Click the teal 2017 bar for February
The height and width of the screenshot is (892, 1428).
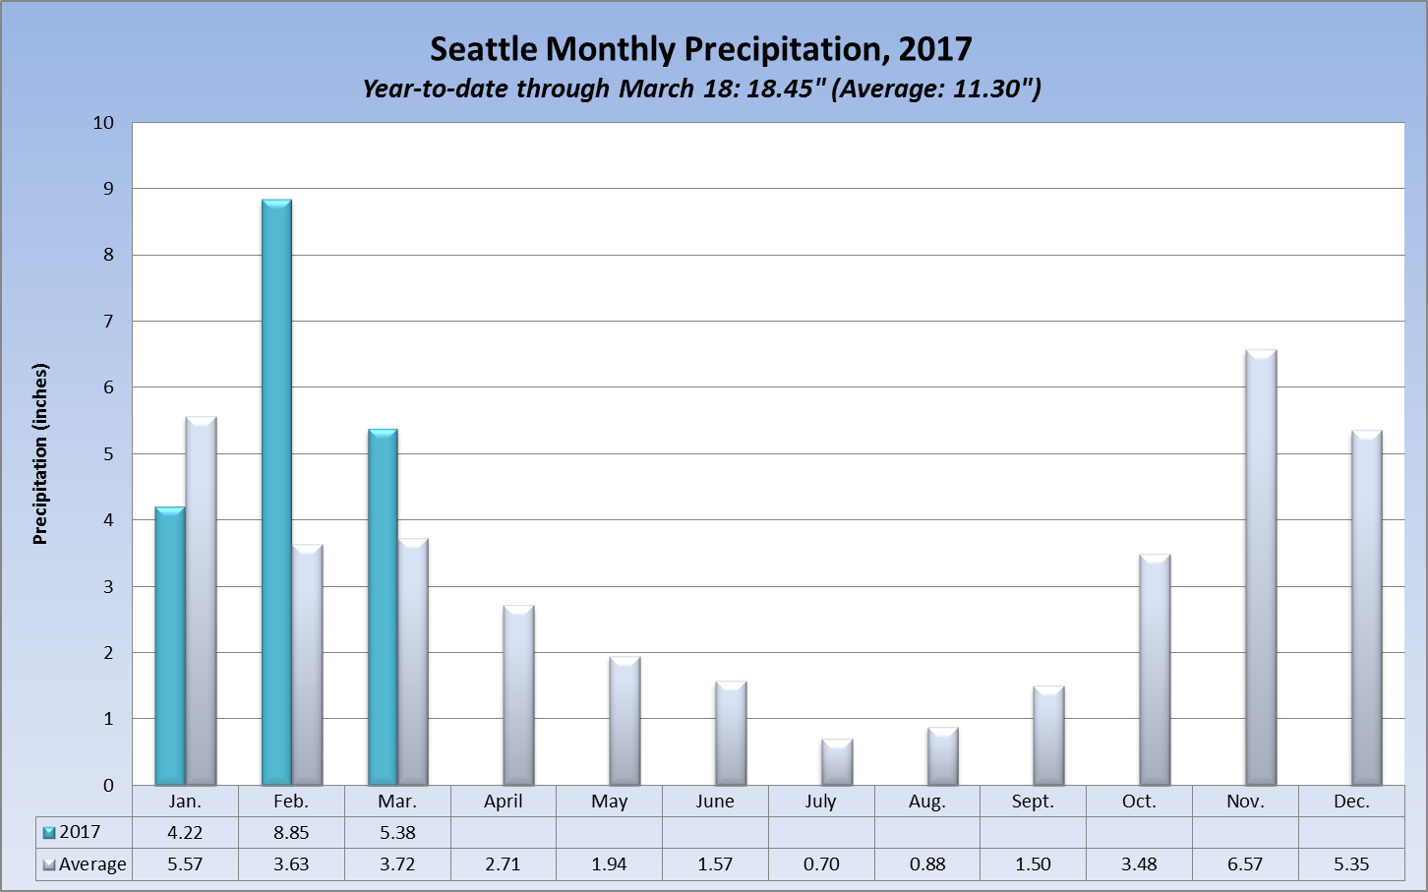[276, 492]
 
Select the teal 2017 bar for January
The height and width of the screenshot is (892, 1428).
[170, 646]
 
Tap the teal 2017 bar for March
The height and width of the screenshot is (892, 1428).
[383, 607]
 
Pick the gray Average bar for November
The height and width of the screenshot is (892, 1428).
[1261, 567]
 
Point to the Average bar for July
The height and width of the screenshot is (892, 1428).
[837, 762]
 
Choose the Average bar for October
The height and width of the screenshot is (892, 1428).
[1155, 670]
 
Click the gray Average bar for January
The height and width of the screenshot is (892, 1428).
[201, 601]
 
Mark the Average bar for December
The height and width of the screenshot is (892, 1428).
[1367, 608]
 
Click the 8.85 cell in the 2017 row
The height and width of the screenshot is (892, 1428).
[291, 832]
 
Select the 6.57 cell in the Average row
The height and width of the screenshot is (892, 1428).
[1245, 864]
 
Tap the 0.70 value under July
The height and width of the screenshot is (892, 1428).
[821, 864]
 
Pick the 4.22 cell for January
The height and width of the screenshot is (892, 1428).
[185, 832]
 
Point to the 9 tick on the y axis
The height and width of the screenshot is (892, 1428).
[109, 188]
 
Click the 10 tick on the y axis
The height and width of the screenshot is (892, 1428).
[103, 123]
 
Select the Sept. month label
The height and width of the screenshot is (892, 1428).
[1033, 802]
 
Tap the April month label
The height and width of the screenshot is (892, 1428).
[504, 802]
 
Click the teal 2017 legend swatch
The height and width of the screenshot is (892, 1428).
[49, 833]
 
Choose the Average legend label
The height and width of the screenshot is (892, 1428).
[92, 864]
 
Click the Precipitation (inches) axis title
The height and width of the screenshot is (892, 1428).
[40, 454]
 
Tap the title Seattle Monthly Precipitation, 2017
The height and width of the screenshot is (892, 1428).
[701, 49]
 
